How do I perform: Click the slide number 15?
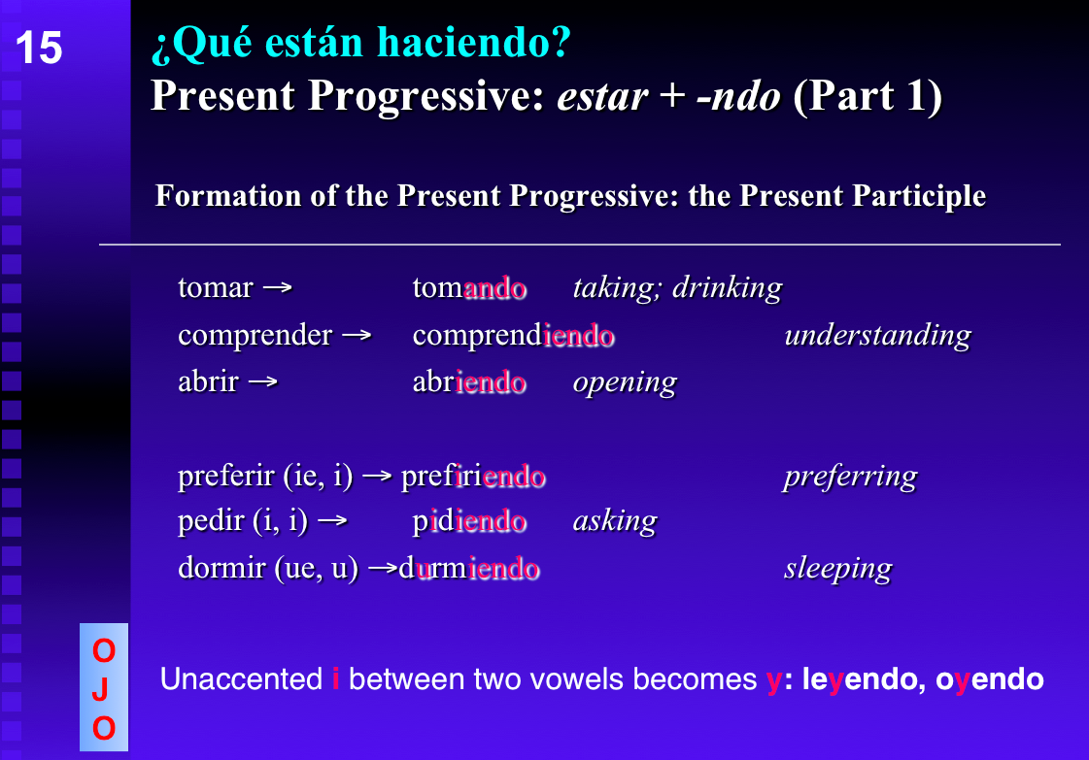(x=40, y=49)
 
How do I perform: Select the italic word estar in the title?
(x=602, y=96)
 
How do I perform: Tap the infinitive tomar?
(x=216, y=288)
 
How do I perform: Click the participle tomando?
(x=469, y=288)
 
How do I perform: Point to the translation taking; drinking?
(x=677, y=288)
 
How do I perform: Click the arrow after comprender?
(x=357, y=336)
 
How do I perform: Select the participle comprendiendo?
(x=513, y=336)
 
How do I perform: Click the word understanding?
(x=877, y=336)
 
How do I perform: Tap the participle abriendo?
(x=469, y=382)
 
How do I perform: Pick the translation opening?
(x=625, y=382)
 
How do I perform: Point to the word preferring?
(x=850, y=477)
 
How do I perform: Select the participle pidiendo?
(x=469, y=523)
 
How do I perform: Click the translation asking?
(x=614, y=523)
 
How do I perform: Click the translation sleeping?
(x=837, y=569)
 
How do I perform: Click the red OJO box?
(x=104, y=688)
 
